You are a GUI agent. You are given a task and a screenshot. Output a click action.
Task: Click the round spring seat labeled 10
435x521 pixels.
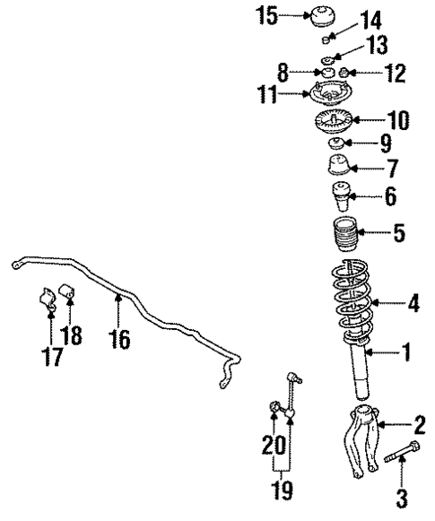(339, 120)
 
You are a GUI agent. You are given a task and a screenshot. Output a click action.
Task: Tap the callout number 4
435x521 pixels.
(412, 303)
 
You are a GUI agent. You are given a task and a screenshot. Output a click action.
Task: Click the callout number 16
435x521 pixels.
(118, 339)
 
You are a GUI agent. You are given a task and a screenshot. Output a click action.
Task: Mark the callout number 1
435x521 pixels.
(405, 352)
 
